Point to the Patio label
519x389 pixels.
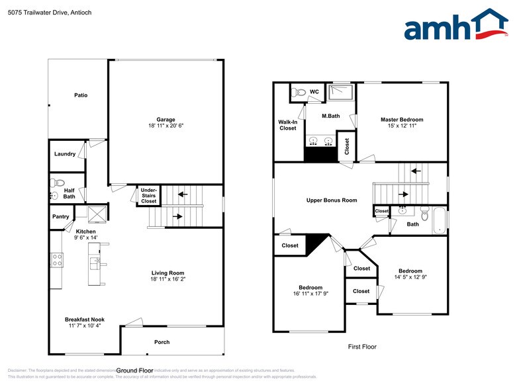click(x=81, y=95)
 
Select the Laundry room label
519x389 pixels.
click(x=65, y=154)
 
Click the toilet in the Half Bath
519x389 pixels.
click(x=58, y=183)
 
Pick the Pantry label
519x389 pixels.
click(x=61, y=216)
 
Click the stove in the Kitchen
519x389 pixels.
click(x=57, y=260)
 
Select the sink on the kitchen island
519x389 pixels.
click(x=97, y=262)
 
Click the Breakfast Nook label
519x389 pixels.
click(x=84, y=320)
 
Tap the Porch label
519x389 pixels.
click(x=162, y=342)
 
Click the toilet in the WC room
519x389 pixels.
click(x=299, y=93)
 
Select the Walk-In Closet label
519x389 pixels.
click(x=287, y=125)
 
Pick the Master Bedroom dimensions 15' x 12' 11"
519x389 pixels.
click(x=401, y=127)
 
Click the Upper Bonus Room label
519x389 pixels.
click(x=331, y=200)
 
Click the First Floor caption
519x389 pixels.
click(x=362, y=346)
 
